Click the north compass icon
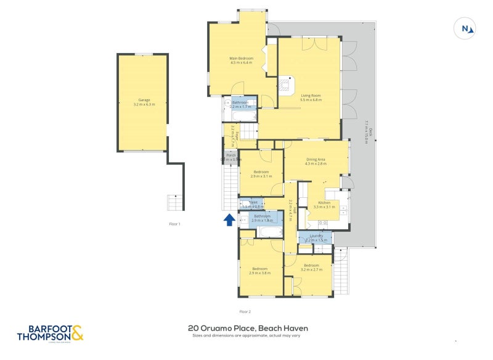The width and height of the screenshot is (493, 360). click(465, 28)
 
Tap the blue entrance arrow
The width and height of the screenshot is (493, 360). click(229, 219)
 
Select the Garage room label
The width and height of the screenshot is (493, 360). click(144, 102)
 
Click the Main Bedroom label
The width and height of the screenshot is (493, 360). click(242, 60)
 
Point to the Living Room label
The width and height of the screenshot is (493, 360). click(311, 97)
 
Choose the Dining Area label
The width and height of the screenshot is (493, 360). click(316, 162)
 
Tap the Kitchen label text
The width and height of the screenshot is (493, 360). click(324, 204)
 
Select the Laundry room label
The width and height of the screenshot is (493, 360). click(315, 236)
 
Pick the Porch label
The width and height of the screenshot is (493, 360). click(231, 157)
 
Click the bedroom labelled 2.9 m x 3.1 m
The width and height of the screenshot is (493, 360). click(261, 174)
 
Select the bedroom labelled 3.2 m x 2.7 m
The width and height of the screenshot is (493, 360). click(311, 267)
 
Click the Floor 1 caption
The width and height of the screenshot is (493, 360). click(175, 224)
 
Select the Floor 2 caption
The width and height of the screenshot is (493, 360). click(245, 312)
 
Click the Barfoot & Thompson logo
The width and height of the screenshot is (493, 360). click(50, 333)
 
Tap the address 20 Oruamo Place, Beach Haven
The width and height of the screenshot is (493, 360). click(248, 329)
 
